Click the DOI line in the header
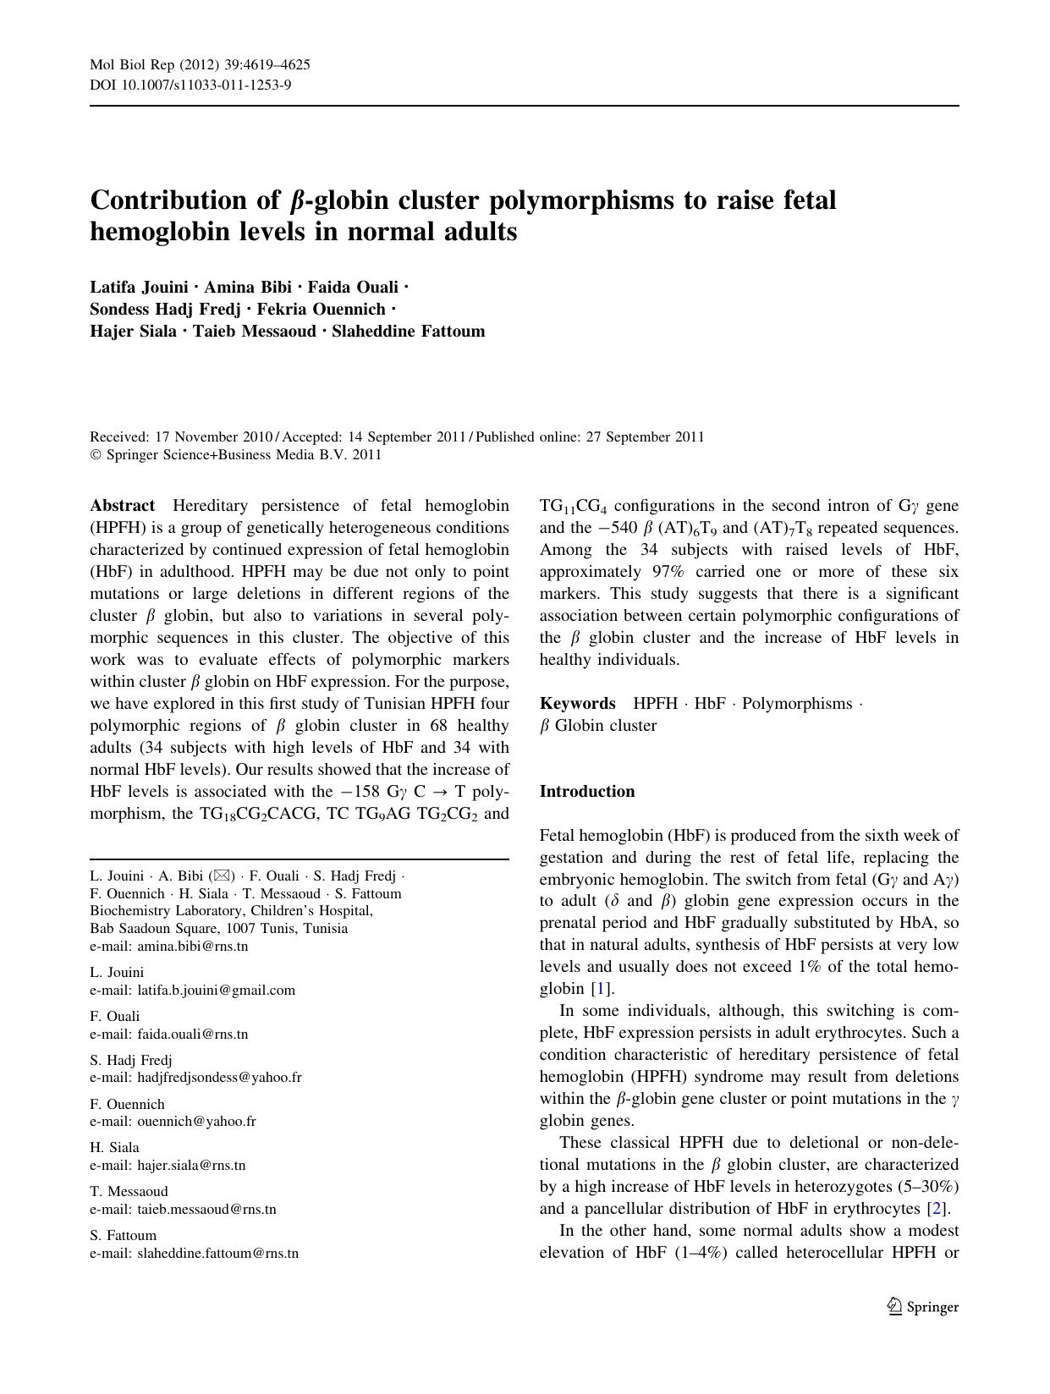190,85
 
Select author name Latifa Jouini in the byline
139,287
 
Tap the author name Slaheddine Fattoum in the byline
408,331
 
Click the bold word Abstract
122,506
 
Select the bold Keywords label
577,704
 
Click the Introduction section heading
586,792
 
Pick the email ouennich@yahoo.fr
196,1122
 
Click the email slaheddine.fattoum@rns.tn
217,1253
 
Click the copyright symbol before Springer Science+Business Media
95,455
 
